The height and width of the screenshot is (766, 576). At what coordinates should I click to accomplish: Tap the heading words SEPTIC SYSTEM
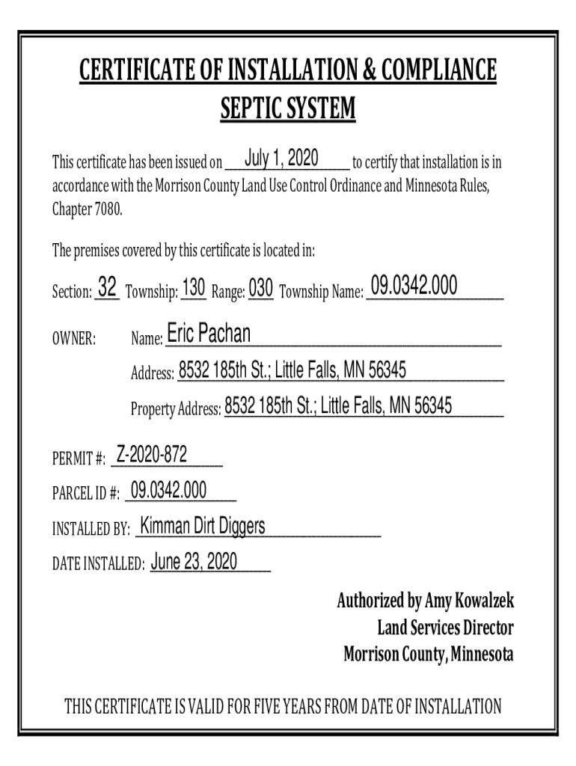288,110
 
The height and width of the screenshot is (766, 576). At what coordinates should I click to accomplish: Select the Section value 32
107,287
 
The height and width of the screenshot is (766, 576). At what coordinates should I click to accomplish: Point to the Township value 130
194,287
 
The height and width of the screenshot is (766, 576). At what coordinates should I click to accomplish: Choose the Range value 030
261,288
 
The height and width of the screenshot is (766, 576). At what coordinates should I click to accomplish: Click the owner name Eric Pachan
209,334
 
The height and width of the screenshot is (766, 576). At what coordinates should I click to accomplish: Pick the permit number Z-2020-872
152,454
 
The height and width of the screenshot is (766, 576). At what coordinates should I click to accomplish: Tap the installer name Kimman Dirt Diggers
203,526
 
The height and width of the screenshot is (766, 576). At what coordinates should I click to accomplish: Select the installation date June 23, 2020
194,562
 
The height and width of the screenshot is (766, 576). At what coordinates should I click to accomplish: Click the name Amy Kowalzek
469,601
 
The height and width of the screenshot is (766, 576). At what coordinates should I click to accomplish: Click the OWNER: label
73,340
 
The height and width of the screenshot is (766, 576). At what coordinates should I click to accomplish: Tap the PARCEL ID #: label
85,494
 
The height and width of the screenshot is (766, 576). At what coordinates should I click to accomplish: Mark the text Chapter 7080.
87,209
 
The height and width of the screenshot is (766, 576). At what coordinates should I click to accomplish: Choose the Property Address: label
176,409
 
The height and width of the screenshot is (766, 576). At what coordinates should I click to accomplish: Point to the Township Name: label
320,291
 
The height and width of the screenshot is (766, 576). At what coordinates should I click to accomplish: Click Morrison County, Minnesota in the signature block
429,655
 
